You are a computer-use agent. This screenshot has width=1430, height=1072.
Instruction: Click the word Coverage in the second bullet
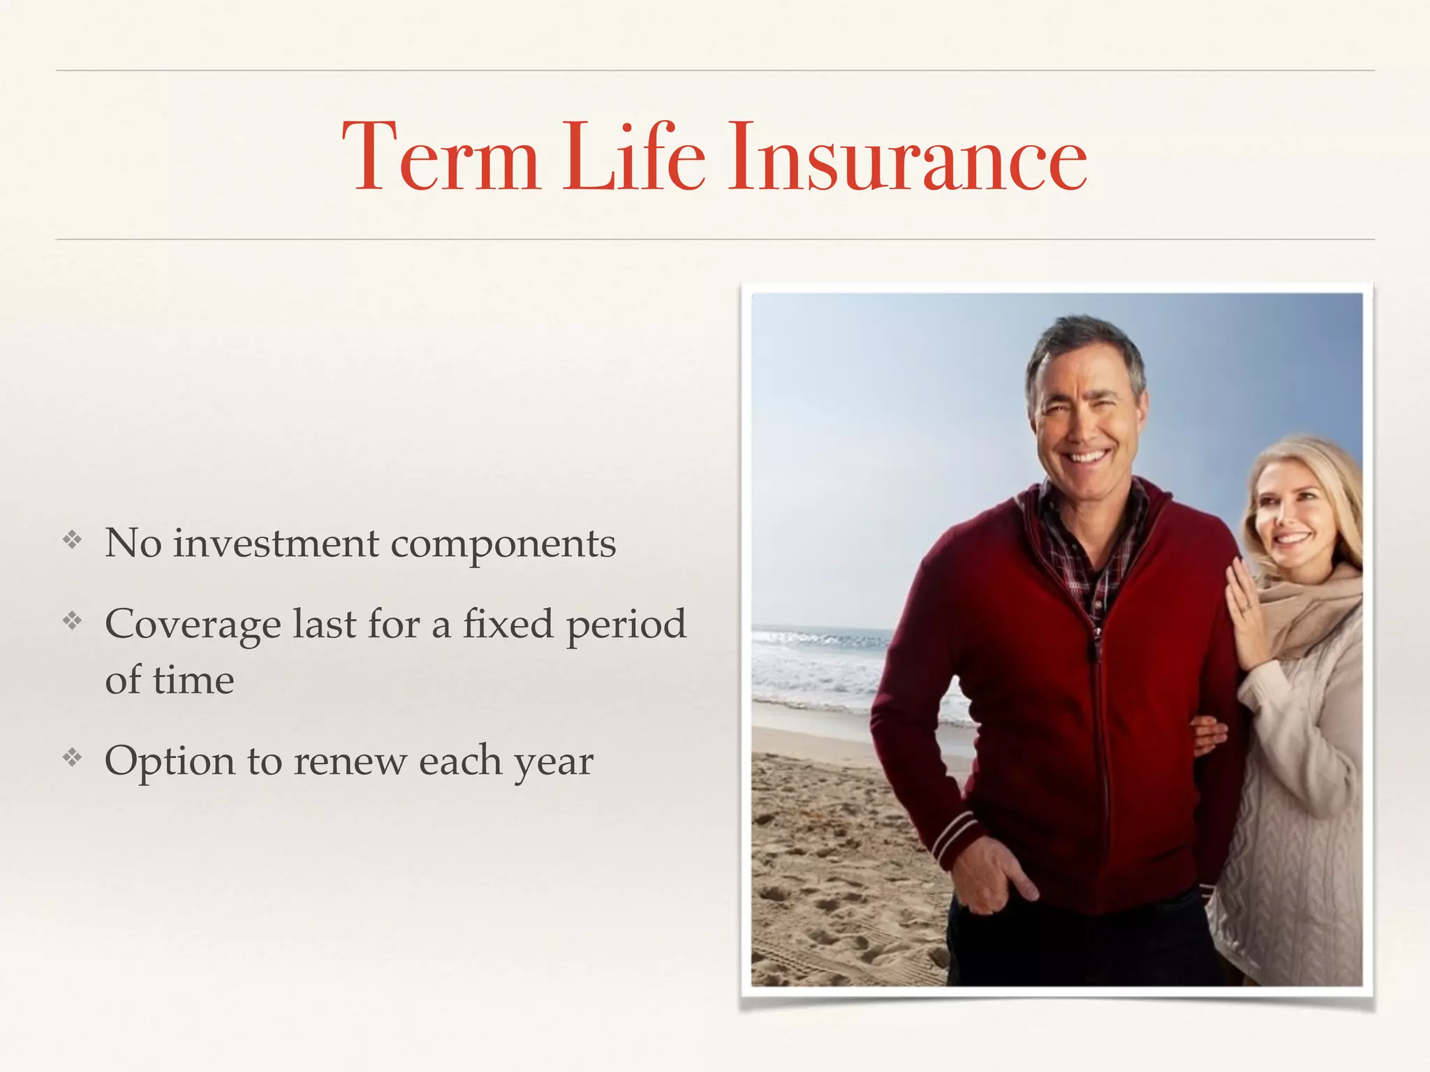click(193, 625)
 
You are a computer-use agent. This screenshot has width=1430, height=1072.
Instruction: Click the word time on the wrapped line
click(193, 680)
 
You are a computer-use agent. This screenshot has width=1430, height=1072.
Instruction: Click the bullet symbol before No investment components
click(73, 539)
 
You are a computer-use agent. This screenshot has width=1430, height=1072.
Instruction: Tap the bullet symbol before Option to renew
click(73, 757)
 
